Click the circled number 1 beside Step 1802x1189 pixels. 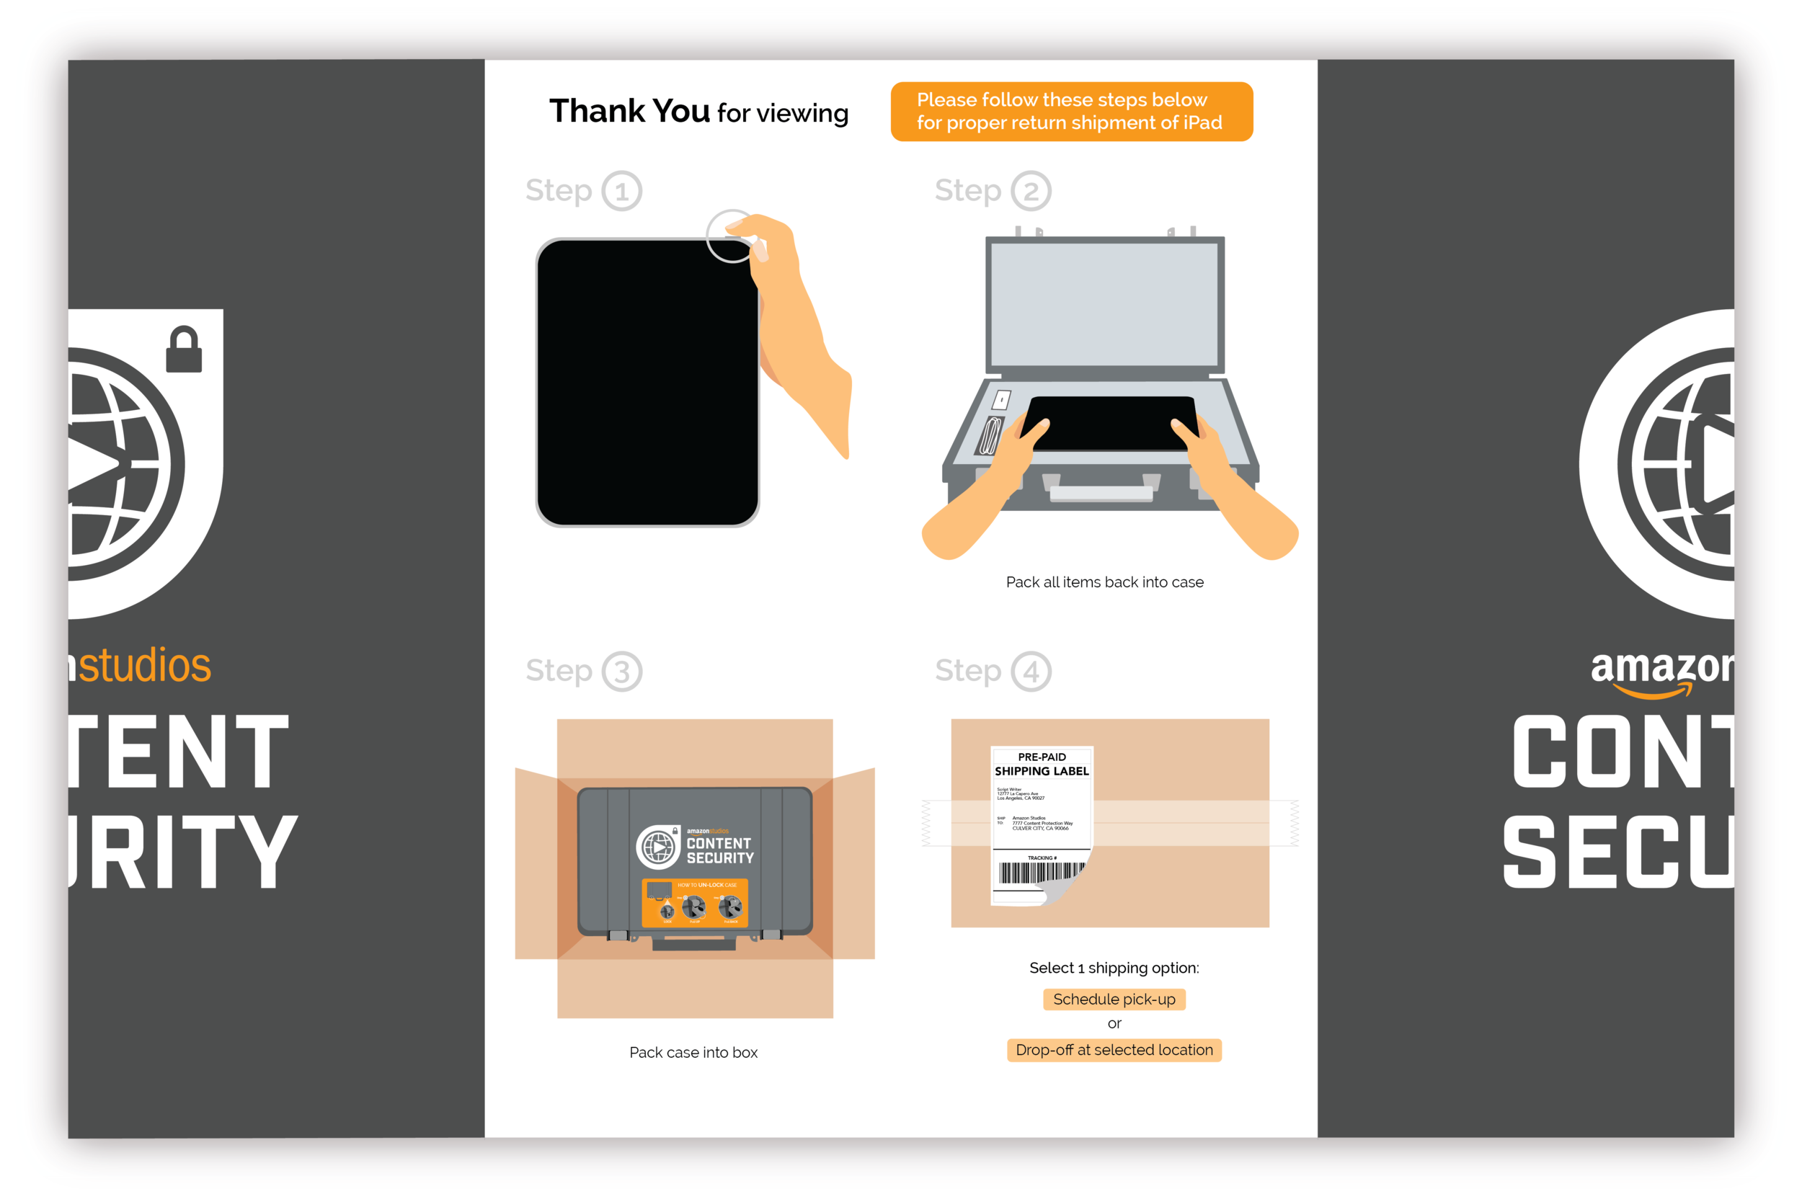point(622,191)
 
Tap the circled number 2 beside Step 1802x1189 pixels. point(1031,191)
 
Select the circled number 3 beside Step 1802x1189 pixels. point(622,671)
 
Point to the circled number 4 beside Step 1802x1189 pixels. point(1031,671)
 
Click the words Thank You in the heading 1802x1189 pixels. point(629,112)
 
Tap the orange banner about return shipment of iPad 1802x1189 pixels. point(1071,112)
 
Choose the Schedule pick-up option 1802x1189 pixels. point(1114,999)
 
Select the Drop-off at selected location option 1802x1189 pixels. point(1114,1050)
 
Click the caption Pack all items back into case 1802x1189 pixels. point(1104,582)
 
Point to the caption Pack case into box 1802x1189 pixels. point(693,1053)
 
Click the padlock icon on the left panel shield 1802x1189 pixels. point(184,350)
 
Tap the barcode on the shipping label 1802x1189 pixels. point(1039,873)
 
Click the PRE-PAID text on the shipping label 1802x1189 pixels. point(1042,757)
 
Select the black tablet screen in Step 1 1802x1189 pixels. point(644,383)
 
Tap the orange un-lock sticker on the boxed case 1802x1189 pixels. point(695,903)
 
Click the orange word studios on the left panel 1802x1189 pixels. point(144,666)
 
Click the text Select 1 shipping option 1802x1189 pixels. point(1114,968)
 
